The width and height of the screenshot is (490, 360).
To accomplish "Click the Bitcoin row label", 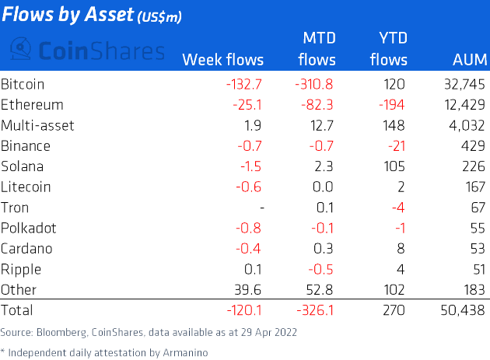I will point(23,84).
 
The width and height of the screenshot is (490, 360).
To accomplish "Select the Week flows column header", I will point(222,60).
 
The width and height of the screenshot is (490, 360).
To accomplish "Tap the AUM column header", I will point(470,60).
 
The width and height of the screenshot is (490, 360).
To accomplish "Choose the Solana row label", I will point(22,166).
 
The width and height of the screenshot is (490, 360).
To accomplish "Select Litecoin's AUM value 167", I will point(474,187).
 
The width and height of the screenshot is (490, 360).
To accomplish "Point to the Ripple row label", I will point(21,270).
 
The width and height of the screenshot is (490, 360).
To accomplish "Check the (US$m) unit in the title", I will point(160,16).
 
